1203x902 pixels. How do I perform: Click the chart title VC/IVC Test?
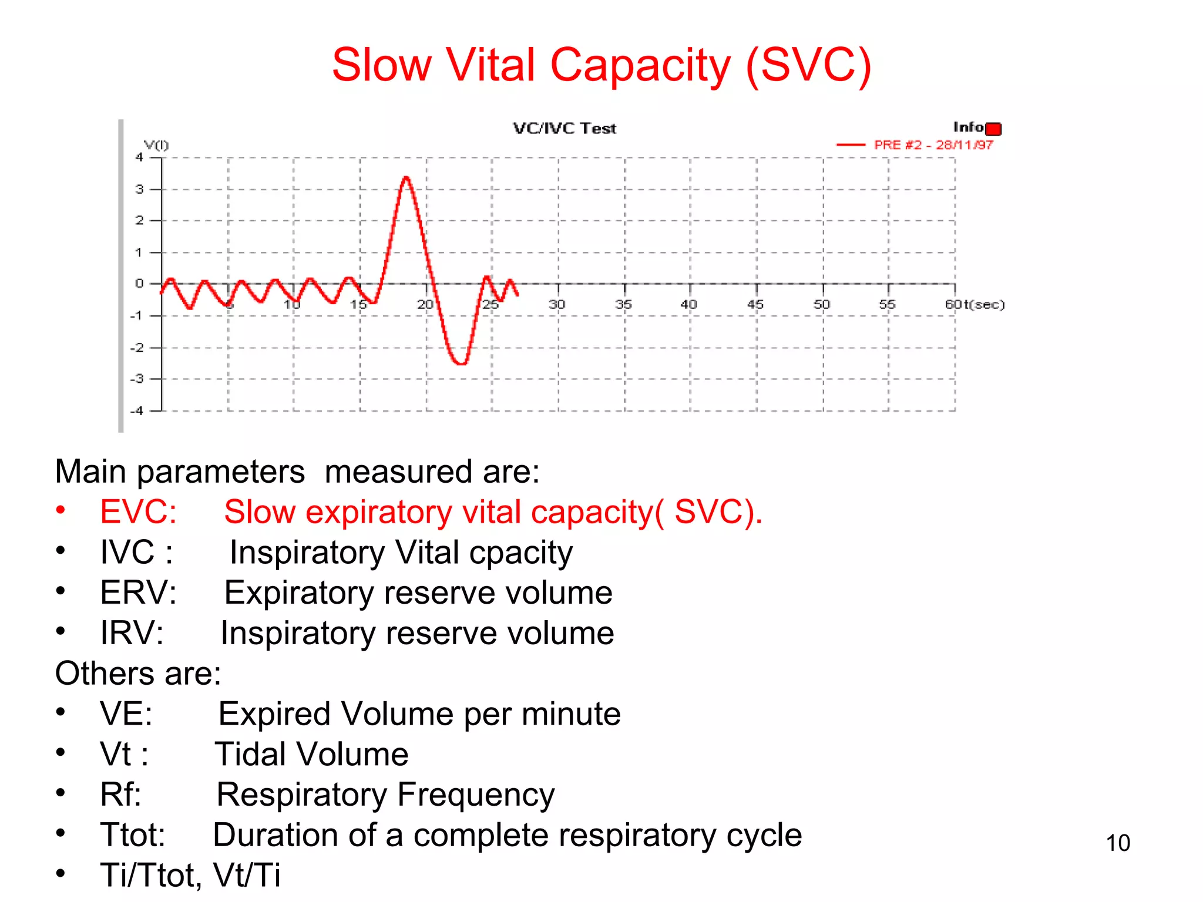tap(564, 129)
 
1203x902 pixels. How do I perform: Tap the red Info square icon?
tap(993, 129)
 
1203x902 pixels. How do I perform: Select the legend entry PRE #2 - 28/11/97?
tap(933, 145)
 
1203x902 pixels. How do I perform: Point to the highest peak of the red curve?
tap(406, 177)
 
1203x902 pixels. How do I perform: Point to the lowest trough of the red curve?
tap(462, 364)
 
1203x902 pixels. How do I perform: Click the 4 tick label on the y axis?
tap(139, 157)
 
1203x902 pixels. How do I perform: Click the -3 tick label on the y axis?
tap(137, 379)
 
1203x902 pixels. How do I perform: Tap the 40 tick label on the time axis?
tap(688, 304)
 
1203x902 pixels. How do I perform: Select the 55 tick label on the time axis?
tap(886, 304)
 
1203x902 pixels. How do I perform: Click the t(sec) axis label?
tap(984, 304)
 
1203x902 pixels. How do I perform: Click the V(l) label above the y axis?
tap(156, 145)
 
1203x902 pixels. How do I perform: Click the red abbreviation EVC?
tap(138, 511)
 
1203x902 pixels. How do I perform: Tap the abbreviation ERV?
tap(138, 593)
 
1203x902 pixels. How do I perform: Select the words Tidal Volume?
tap(311, 755)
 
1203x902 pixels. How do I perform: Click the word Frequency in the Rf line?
tap(476, 795)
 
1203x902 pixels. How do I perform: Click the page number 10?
tap(1117, 843)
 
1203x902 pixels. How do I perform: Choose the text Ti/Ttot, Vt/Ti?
tap(190, 875)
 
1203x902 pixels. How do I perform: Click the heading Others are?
tap(138, 673)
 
